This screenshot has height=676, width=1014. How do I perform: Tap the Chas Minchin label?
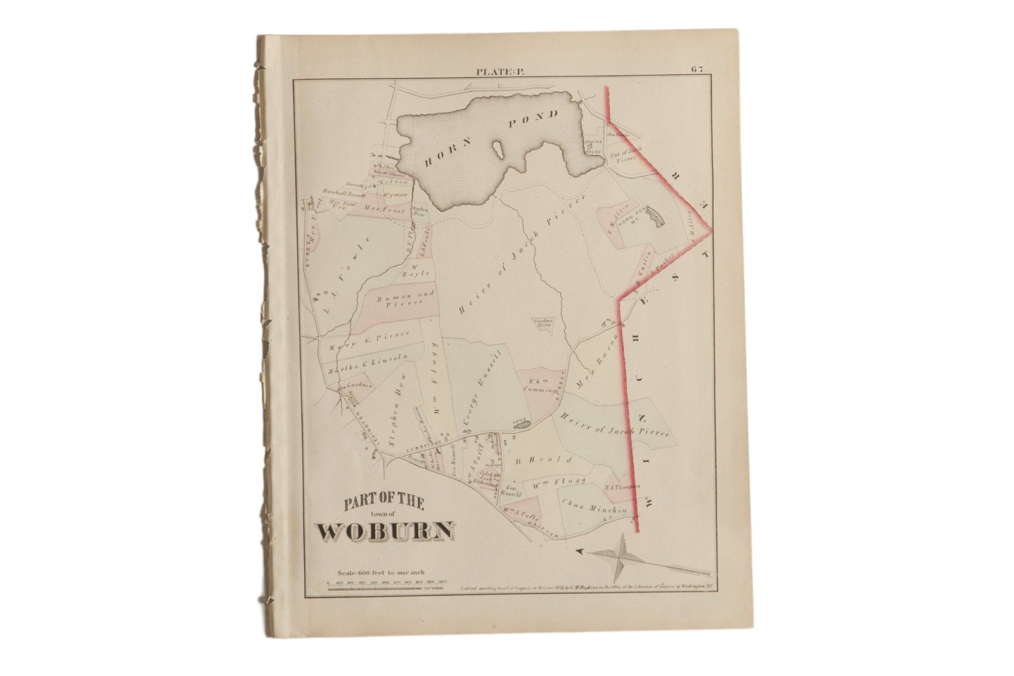coord(594,507)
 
